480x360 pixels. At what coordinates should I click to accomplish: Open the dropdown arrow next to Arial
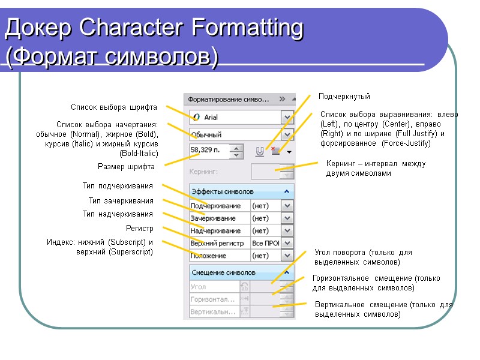[x=288, y=118]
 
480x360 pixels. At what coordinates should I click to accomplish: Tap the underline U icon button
[x=260, y=152]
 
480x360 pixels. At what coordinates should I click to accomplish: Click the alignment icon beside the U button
[x=275, y=152]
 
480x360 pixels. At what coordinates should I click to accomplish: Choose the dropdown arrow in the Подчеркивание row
[x=287, y=206]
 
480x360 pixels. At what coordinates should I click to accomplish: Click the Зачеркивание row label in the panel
[x=212, y=218]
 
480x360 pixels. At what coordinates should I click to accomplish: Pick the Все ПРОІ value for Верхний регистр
[x=265, y=243]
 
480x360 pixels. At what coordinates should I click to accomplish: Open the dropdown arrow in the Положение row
[x=287, y=256]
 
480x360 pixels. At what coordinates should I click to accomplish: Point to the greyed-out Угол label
[x=199, y=287]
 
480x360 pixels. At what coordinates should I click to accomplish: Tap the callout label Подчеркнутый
[x=344, y=96]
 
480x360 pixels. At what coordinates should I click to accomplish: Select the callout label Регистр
[x=139, y=229]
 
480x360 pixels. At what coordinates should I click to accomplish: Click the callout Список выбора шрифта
[x=114, y=107]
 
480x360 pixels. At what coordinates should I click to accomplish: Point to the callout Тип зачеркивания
[x=121, y=201]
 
